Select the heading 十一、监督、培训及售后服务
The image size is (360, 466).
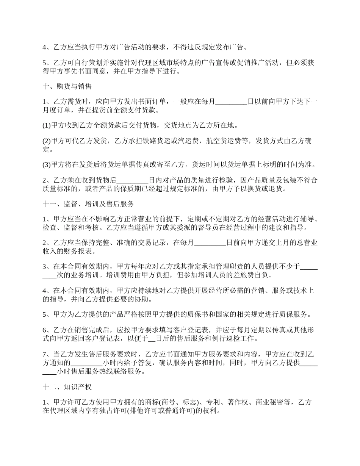tap(88, 203)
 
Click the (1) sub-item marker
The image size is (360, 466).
tap(46, 125)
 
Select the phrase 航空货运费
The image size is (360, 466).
tap(233, 141)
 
